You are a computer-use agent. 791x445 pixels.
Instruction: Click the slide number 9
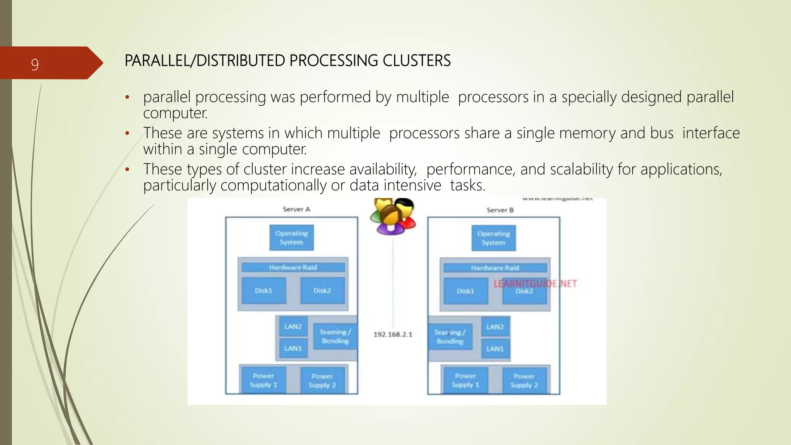click(x=35, y=64)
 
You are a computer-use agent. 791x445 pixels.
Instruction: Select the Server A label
click(x=296, y=209)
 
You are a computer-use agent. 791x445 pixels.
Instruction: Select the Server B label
click(x=500, y=210)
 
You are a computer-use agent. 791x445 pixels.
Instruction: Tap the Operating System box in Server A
click(x=292, y=238)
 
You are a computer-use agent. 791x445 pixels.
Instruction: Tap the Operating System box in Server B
click(x=493, y=238)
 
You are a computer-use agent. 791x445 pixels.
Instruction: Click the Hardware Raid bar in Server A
click(x=293, y=267)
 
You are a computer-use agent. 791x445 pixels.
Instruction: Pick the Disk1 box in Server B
click(x=465, y=291)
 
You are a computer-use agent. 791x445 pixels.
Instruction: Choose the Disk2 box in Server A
click(x=322, y=290)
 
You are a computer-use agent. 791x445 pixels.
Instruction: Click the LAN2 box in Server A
click(x=293, y=326)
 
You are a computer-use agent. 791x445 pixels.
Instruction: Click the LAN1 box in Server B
click(x=495, y=349)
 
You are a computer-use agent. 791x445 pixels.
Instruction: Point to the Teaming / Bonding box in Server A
click(x=335, y=336)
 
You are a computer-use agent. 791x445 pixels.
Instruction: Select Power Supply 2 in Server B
click(x=524, y=380)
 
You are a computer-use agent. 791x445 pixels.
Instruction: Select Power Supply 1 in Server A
click(x=263, y=380)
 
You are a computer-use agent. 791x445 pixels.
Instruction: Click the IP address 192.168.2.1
click(x=393, y=335)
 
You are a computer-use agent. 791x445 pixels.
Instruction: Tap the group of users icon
click(x=392, y=216)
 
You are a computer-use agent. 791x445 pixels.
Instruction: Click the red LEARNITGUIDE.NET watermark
click(x=535, y=284)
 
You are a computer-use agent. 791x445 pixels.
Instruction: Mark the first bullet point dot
click(x=127, y=98)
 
